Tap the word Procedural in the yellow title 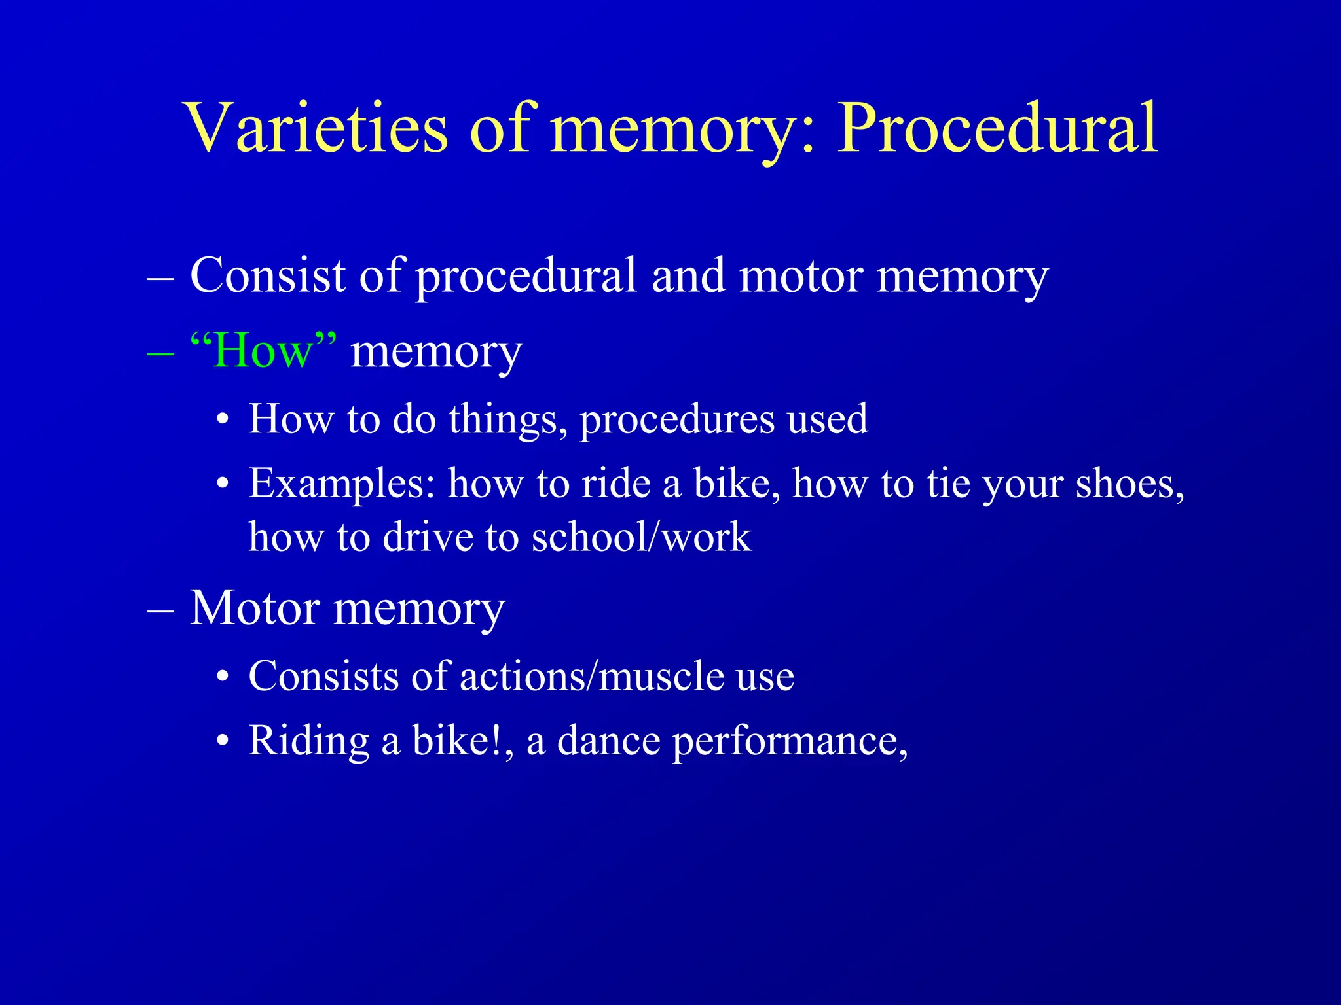point(998,128)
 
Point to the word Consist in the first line point(267,275)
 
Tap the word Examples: point(342,485)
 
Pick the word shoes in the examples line point(1130,484)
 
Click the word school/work point(641,537)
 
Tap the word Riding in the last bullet point(309,741)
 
